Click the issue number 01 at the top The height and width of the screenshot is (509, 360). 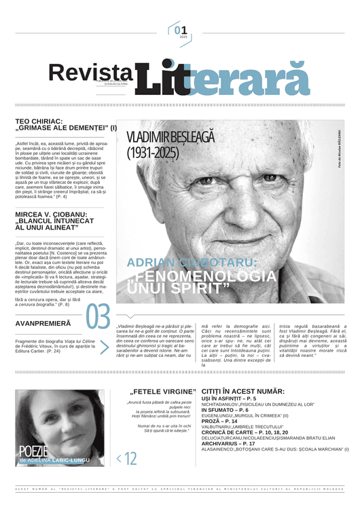179,30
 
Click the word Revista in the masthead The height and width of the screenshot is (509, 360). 90,73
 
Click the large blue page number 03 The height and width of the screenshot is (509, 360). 98,318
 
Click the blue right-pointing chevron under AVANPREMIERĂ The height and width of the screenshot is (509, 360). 104,347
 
